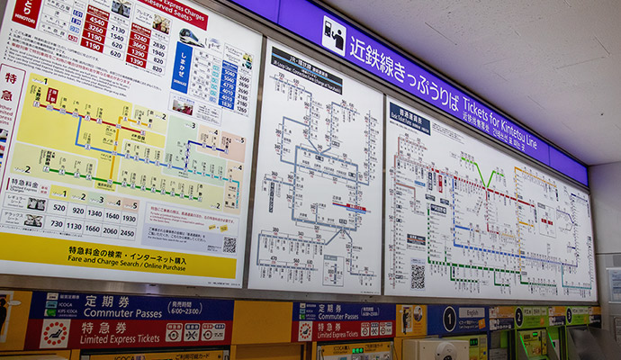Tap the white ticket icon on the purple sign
(x=334, y=35)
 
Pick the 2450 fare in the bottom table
(x=129, y=232)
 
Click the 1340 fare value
(x=94, y=214)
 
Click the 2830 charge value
(x=159, y=44)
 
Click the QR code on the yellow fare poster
(x=229, y=244)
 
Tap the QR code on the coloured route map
(x=418, y=275)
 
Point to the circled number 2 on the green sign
(x=518, y=318)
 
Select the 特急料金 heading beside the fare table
(x=26, y=183)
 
